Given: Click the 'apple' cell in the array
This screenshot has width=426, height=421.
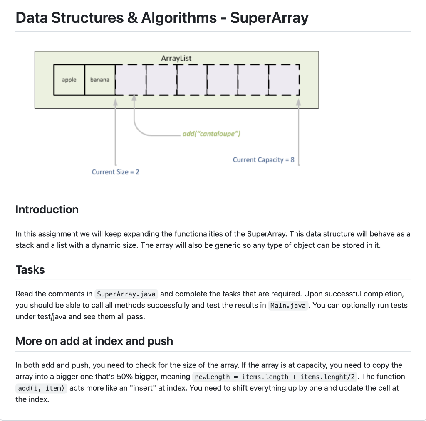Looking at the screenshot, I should pyautogui.click(x=69, y=80).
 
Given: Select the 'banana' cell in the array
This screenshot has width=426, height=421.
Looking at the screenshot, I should pyautogui.click(x=100, y=80).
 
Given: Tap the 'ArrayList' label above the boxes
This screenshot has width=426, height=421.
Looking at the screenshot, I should pyautogui.click(x=176, y=58).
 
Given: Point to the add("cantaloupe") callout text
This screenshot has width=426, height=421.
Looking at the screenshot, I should pyautogui.click(x=211, y=134).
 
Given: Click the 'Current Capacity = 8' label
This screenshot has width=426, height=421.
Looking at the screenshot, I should pyautogui.click(x=263, y=160).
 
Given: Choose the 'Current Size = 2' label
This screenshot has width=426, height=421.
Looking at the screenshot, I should pyautogui.click(x=116, y=172).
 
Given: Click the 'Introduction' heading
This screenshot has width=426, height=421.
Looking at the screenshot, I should pyautogui.click(x=47, y=210).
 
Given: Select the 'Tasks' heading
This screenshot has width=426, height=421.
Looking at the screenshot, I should pyautogui.click(x=30, y=270).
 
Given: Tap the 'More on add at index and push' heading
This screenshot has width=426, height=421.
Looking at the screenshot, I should pyautogui.click(x=94, y=341).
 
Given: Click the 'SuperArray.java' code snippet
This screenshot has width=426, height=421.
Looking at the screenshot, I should pyautogui.click(x=126, y=294).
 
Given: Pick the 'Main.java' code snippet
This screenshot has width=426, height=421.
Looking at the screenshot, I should pyautogui.click(x=288, y=306).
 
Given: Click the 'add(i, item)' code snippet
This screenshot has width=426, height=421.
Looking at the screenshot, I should pyautogui.click(x=41, y=389).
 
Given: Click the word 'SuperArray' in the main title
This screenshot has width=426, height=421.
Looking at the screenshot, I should pyautogui.click(x=269, y=18).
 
